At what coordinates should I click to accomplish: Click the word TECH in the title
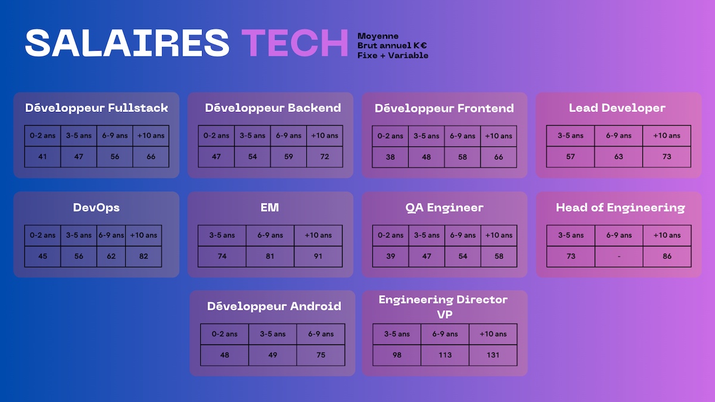pos(294,43)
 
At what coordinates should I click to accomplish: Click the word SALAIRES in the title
pos(127,43)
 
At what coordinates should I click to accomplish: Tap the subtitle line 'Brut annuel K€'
pos(392,46)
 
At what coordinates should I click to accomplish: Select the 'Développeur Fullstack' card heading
pos(97,108)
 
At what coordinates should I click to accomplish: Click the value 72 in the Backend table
pos(325,157)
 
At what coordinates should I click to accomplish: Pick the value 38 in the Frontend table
pos(390,157)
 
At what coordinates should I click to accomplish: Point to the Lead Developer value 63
pos(618,157)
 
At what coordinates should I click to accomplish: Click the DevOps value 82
pos(144,256)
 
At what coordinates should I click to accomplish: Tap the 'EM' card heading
pos(270,208)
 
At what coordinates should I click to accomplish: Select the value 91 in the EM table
pos(318,256)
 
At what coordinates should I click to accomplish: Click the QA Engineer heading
pos(444,208)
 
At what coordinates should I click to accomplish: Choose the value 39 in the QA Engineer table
pos(391,256)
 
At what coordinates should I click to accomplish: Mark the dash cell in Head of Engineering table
pos(619,256)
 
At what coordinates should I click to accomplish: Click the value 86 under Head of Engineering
pos(667,256)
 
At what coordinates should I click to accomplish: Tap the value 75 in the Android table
pos(321,355)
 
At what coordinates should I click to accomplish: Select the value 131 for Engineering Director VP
pos(493,355)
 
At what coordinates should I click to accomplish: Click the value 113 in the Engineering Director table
pos(445,355)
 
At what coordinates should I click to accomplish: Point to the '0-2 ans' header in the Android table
pos(225,334)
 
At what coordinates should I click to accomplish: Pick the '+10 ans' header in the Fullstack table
pos(151,136)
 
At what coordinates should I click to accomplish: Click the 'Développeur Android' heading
pos(274,306)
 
